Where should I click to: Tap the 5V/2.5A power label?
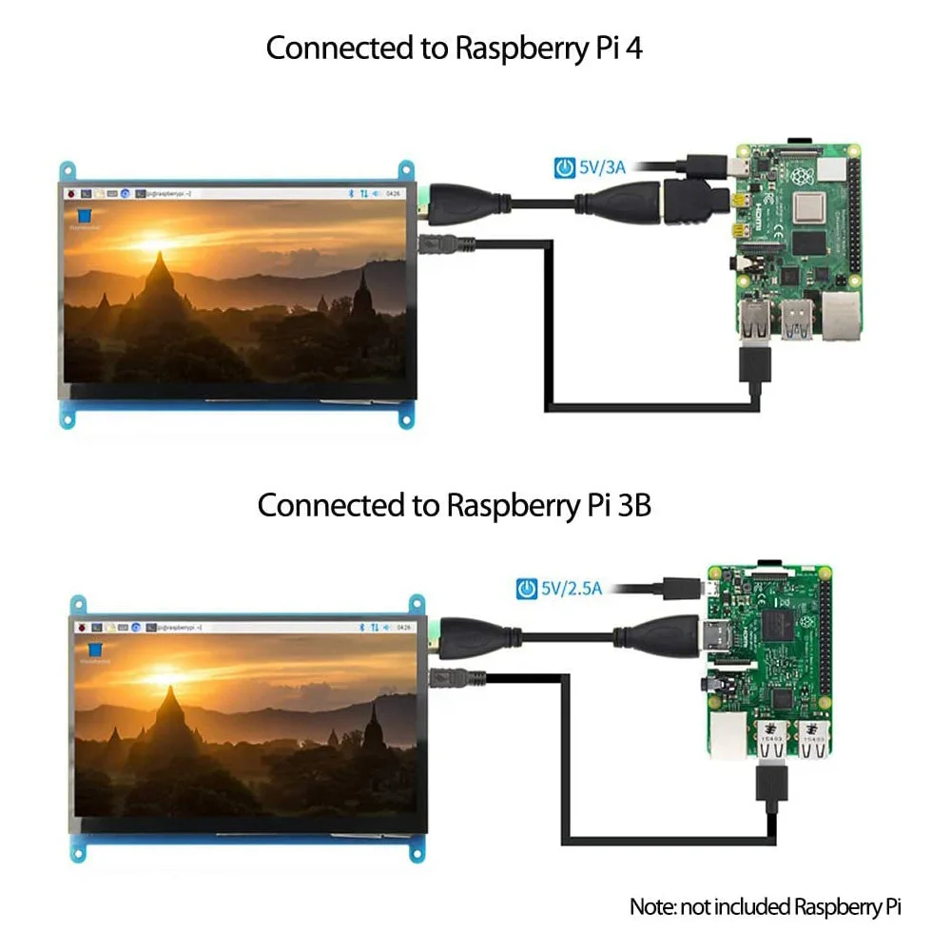pyautogui.click(x=572, y=588)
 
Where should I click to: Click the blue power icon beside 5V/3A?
pyautogui.click(x=564, y=168)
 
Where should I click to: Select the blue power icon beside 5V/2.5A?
pyautogui.click(x=526, y=589)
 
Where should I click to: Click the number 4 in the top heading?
pyautogui.click(x=634, y=48)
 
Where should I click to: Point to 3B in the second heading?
pyautogui.click(x=634, y=505)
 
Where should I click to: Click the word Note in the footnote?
pyautogui.click(x=651, y=906)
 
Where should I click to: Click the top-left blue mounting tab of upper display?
pyautogui.click(x=68, y=171)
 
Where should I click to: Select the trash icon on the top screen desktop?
pyautogui.click(x=84, y=216)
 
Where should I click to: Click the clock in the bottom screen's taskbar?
pyautogui.click(x=403, y=628)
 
